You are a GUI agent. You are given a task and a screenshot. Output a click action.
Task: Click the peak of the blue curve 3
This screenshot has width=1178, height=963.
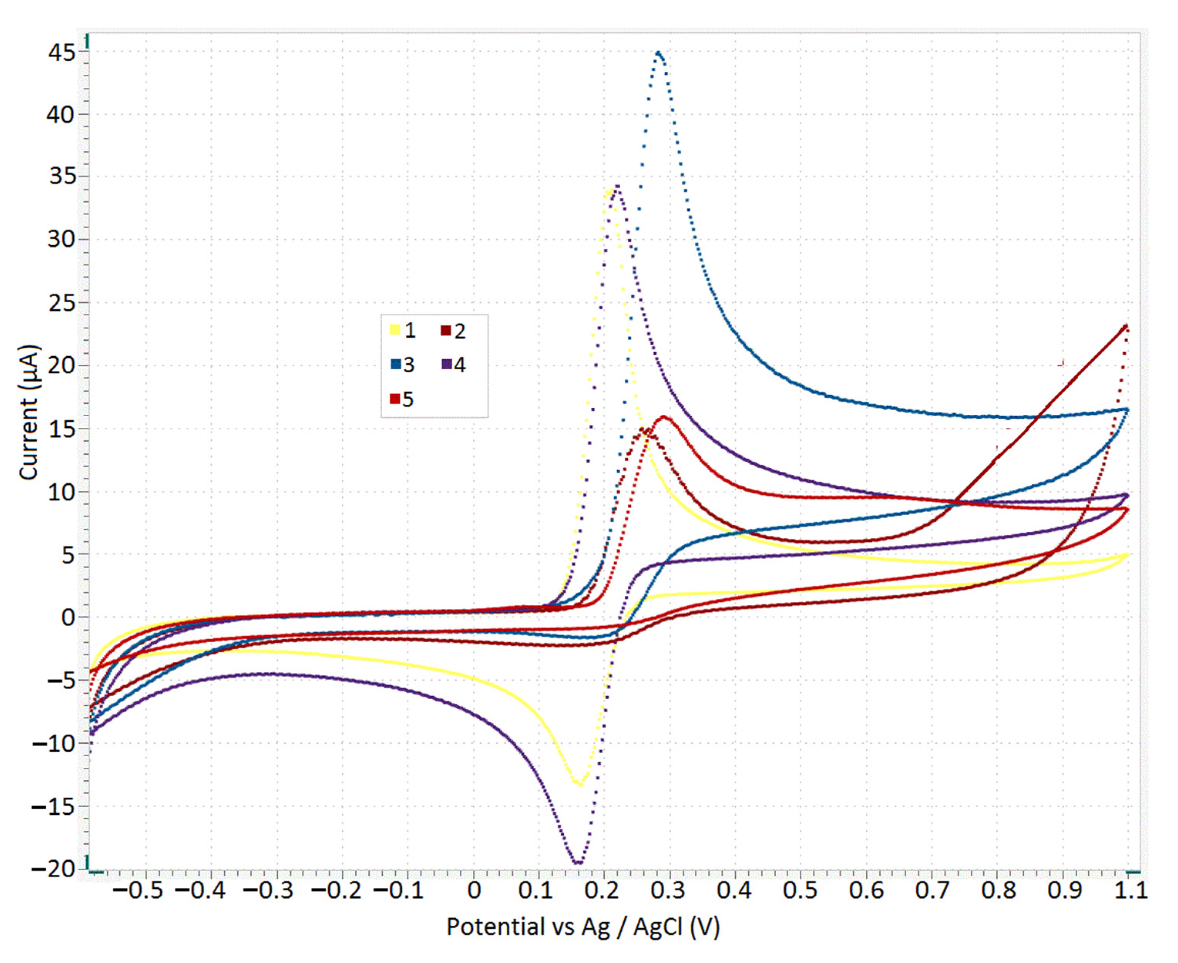click(x=659, y=53)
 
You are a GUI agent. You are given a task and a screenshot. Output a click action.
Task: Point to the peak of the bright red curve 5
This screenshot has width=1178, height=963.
click(x=664, y=417)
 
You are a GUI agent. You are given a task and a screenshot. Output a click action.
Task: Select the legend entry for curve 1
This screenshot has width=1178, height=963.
click(x=403, y=331)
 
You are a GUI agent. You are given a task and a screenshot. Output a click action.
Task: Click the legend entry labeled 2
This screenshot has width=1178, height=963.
click(x=454, y=331)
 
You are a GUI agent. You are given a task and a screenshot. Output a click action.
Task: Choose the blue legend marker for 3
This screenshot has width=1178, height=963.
click(x=396, y=365)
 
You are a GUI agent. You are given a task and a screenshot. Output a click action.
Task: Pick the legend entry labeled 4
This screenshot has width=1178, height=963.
click(x=454, y=365)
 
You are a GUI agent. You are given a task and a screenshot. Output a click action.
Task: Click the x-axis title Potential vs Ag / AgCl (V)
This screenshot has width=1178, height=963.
click(x=583, y=927)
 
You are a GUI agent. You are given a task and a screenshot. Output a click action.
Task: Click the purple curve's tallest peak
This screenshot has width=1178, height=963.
click(x=617, y=186)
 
